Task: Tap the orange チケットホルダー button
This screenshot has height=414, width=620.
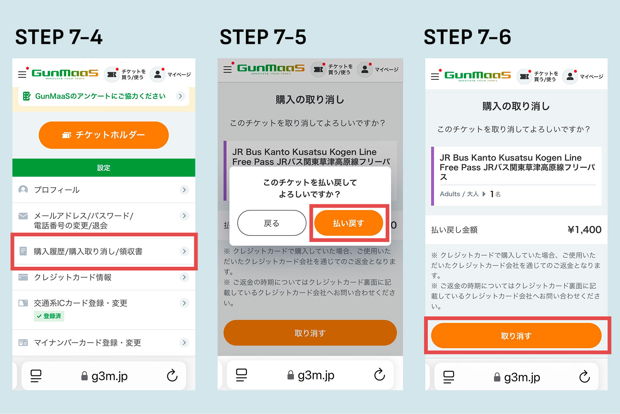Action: [x=103, y=135]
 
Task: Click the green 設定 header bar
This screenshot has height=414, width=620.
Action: [x=104, y=168]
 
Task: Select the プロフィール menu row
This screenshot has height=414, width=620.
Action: [x=104, y=190]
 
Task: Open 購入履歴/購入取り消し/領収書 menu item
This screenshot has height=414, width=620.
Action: [x=104, y=251]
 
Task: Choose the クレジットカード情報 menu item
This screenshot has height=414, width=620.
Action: [x=104, y=277]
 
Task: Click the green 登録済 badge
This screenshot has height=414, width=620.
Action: [x=49, y=316]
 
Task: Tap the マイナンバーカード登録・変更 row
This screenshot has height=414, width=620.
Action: [x=104, y=342]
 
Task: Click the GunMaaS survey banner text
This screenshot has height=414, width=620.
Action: [x=100, y=96]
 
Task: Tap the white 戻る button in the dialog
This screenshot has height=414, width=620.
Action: [x=272, y=223]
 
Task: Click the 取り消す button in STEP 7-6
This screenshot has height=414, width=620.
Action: [x=516, y=336]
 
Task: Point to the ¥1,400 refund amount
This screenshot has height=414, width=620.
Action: [x=584, y=230]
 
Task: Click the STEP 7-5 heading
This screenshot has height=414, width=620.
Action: [x=263, y=37]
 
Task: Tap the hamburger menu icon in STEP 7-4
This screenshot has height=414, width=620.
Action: [x=22, y=74]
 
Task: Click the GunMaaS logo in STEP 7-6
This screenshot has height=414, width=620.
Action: [x=477, y=76]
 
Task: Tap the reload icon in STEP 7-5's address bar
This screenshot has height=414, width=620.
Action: [x=379, y=375]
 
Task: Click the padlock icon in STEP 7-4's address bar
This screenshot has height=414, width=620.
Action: [x=84, y=376]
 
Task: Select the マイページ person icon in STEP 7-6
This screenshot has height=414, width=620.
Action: [x=570, y=77]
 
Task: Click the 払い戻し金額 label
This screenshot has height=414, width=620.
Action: [x=454, y=230]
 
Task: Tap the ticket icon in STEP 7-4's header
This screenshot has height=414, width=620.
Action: [x=112, y=74]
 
